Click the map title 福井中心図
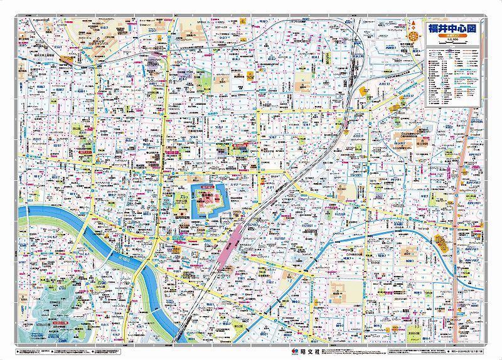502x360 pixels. [x=452, y=28]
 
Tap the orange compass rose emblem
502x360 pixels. [x=414, y=36]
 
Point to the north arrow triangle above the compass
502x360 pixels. [x=414, y=24]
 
